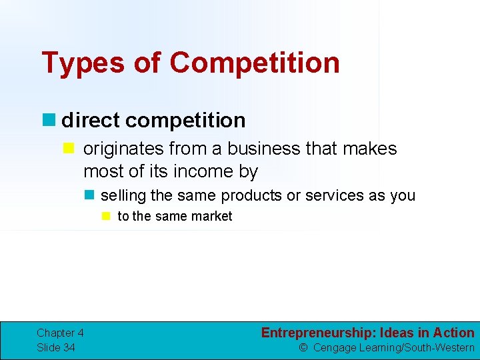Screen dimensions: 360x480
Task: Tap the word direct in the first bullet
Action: pyautogui.click(x=90, y=120)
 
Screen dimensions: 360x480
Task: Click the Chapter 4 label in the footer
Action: pyautogui.click(x=60, y=333)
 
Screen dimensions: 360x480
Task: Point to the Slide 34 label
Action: pyautogui.click(x=56, y=347)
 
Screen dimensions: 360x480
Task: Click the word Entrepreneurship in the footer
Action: pyautogui.click(x=317, y=333)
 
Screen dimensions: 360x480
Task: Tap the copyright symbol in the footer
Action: pyautogui.click(x=303, y=347)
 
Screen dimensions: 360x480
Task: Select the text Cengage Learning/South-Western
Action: pyautogui.click(x=393, y=347)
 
